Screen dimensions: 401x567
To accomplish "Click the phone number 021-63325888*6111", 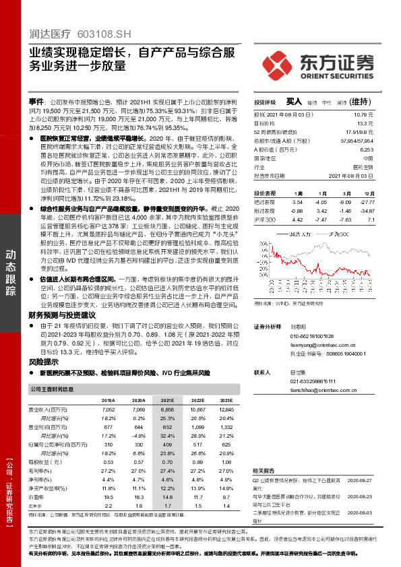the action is click(315, 381).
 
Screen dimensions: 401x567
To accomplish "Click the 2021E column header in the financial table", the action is click(168, 400).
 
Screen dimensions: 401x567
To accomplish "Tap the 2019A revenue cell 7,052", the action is click(108, 409).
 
